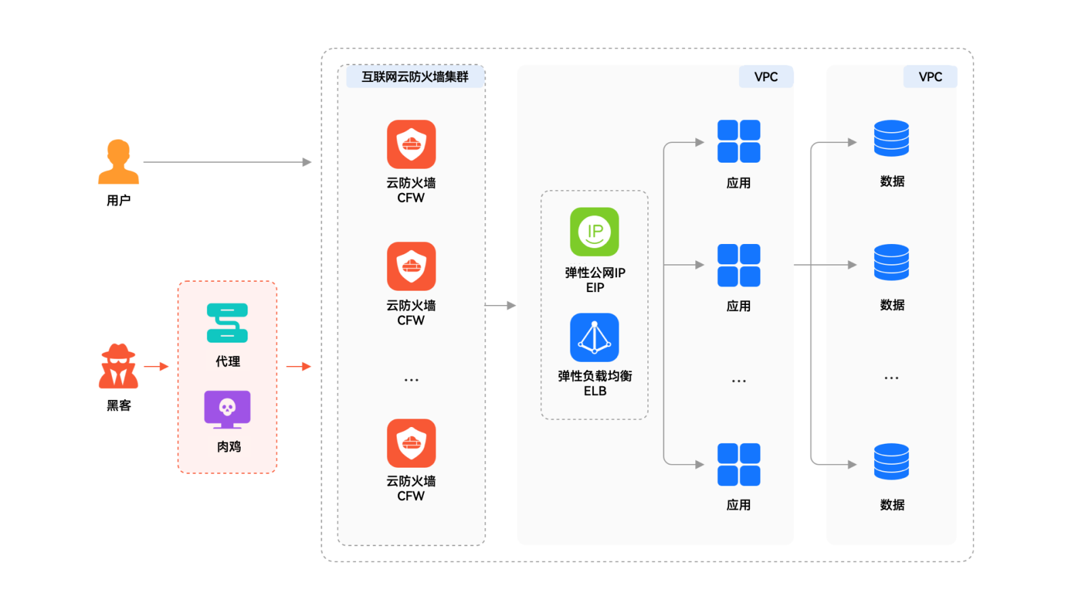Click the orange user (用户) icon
[x=119, y=162]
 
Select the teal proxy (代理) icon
[x=227, y=323]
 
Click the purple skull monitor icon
[x=227, y=409]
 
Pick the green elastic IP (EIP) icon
[x=595, y=232]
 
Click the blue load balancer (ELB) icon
[x=595, y=338]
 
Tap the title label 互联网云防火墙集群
[x=415, y=77]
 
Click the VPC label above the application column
[x=766, y=77]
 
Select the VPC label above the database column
[x=930, y=77]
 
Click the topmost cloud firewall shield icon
[x=412, y=144]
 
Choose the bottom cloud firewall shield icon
[x=412, y=443]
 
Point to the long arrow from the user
[x=226, y=162]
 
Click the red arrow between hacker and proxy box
[x=156, y=366]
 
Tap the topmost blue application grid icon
[x=738, y=141]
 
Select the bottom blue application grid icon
[x=738, y=465]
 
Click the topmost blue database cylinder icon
[x=891, y=138]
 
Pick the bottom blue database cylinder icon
[x=891, y=462]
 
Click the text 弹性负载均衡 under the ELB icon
[x=595, y=376]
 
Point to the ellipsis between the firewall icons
[x=412, y=380]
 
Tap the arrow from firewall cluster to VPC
[x=500, y=306]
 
